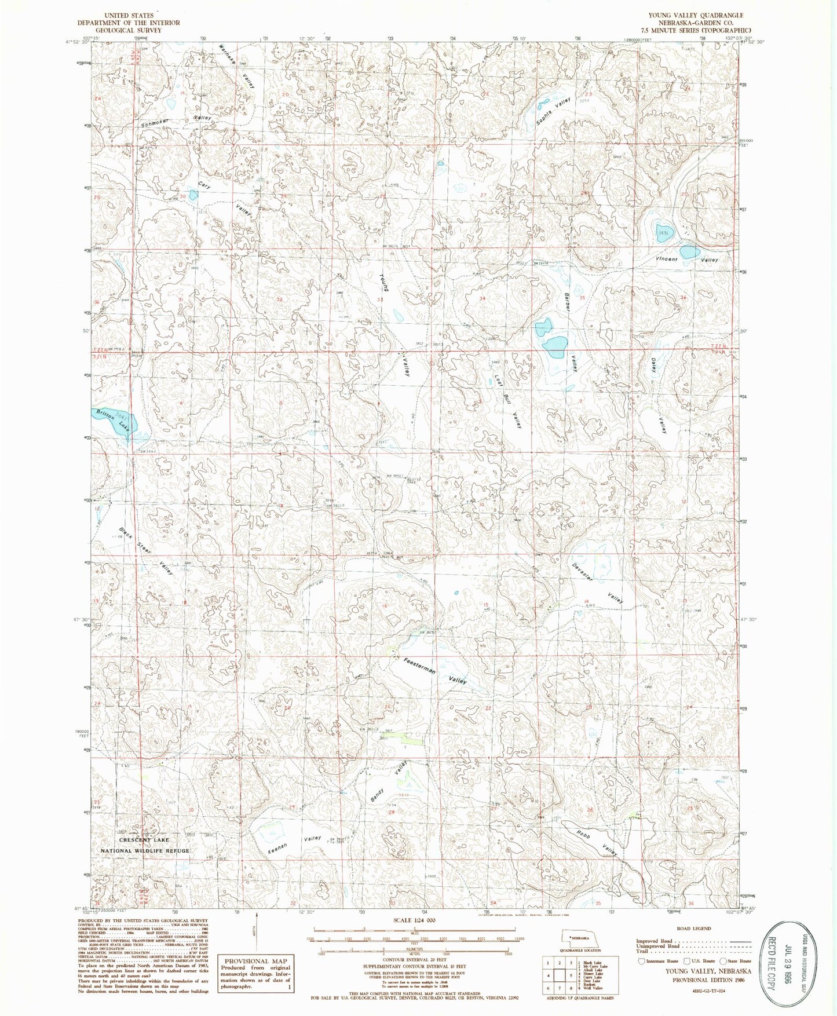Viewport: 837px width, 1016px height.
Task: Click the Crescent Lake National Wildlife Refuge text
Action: click(x=145, y=845)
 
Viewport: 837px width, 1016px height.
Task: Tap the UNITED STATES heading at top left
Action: click(x=129, y=15)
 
